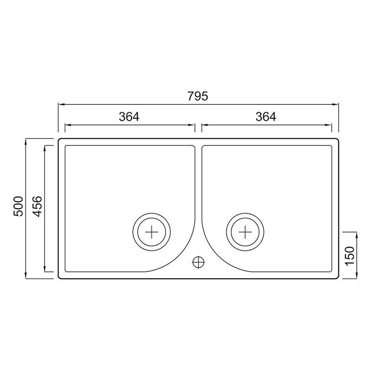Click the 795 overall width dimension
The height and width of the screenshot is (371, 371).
pyautogui.click(x=198, y=96)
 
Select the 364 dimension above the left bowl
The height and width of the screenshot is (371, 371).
pyautogui.click(x=129, y=117)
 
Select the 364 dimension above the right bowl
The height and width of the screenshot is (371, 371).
pyautogui.click(x=266, y=117)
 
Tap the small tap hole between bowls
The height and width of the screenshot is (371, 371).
pyautogui.click(x=198, y=262)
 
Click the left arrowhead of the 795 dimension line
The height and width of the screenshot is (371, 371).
pyautogui.click(x=60, y=105)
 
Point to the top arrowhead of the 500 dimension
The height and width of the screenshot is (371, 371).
pyautogui.click(x=26, y=140)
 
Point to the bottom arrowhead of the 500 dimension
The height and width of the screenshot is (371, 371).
pyautogui.click(x=26, y=276)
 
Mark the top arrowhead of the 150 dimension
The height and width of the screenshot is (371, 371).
pyautogui.click(x=356, y=233)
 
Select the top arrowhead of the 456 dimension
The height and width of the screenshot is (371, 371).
pyautogui.click(x=45, y=147)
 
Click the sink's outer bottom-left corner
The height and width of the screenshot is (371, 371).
pyautogui.click(x=59, y=278)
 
